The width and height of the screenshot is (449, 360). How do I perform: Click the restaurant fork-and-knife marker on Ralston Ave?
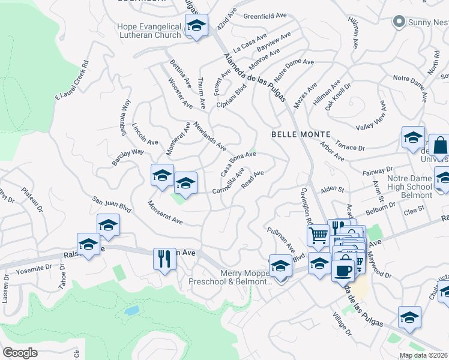pos(164,259)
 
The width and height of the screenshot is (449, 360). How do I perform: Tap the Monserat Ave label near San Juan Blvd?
pos(165,212)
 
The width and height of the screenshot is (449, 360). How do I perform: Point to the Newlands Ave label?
pos(210,137)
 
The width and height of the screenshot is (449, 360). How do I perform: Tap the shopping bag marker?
pos(440,146)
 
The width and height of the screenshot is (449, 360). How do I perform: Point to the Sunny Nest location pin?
pos(397,22)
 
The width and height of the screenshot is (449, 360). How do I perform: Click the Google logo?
pos(20,352)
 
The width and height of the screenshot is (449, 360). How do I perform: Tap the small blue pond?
pos(131,311)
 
